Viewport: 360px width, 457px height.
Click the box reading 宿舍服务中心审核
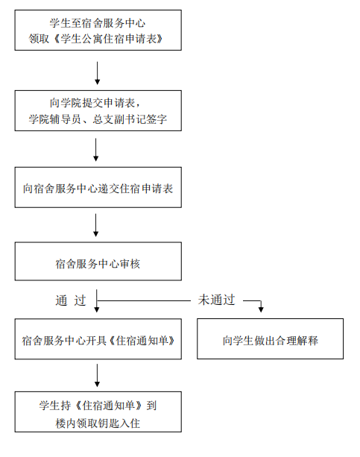pos(98,261)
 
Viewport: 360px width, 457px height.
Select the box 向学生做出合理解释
pos(271,338)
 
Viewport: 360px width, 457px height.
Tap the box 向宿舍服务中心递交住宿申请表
pos(98,187)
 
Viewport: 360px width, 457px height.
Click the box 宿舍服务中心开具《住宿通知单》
pos(98,338)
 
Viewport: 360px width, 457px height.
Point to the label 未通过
pos(217,300)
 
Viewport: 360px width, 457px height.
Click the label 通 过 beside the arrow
pos(71,300)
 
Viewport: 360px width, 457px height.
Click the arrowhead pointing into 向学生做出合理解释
pos(261,310)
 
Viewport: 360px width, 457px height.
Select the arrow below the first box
pos(98,73)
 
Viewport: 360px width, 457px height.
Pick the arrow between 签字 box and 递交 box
pos(95,150)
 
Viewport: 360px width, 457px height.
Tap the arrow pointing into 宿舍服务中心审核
pos(95,225)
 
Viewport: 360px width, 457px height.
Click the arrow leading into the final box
pos(98,376)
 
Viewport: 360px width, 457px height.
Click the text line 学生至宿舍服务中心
pos(98,23)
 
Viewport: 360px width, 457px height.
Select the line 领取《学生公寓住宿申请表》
pos(96,39)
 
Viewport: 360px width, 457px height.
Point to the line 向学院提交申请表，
pos(95,103)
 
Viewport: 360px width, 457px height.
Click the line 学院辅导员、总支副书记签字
pos(98,119)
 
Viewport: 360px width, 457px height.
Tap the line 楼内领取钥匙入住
pos(98,423)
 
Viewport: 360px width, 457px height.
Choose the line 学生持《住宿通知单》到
pos(98,406)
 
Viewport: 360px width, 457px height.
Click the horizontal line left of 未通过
pos(144,300)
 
